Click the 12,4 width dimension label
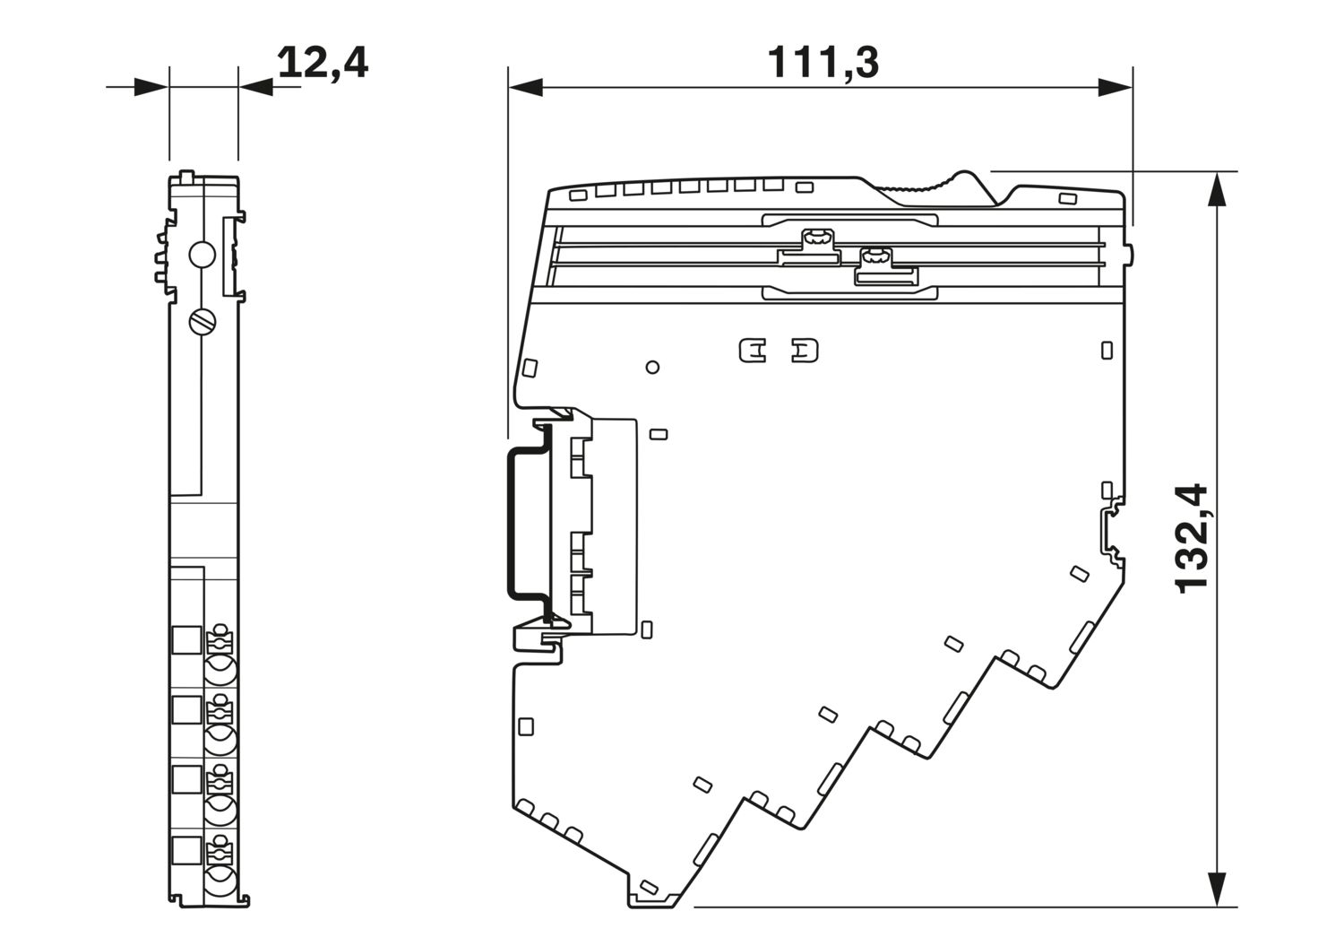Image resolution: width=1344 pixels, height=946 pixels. tap(323, 63)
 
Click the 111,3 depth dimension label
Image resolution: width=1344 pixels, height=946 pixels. tap(823, 62)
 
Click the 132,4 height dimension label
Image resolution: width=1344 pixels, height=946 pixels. tap(1192, 539)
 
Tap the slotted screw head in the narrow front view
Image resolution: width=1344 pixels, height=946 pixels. tap(202, 322)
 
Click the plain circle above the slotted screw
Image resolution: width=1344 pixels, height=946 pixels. tap(202, 255)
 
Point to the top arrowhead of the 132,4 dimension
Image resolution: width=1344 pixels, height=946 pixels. tap(1216, 188)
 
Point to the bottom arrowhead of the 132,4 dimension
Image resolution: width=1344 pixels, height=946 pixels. tap(1216, 905)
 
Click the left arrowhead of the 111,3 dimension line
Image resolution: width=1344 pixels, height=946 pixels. tap(526, 88)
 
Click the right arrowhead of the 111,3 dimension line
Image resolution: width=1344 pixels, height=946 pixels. tap(1116, 88)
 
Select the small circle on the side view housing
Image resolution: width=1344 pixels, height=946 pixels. tap(653, 367)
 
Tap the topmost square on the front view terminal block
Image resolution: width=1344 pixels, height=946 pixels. tap(186, 639)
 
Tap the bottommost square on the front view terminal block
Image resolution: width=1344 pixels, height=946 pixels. tap(186, 851)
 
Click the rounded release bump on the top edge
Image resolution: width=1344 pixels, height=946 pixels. tap(964, 179)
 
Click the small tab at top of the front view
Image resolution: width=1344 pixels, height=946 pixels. tap(186, 177)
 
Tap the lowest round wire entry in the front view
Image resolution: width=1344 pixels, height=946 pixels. tap(220, 883)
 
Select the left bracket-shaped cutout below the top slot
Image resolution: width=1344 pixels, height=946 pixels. tap(753, 351)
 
